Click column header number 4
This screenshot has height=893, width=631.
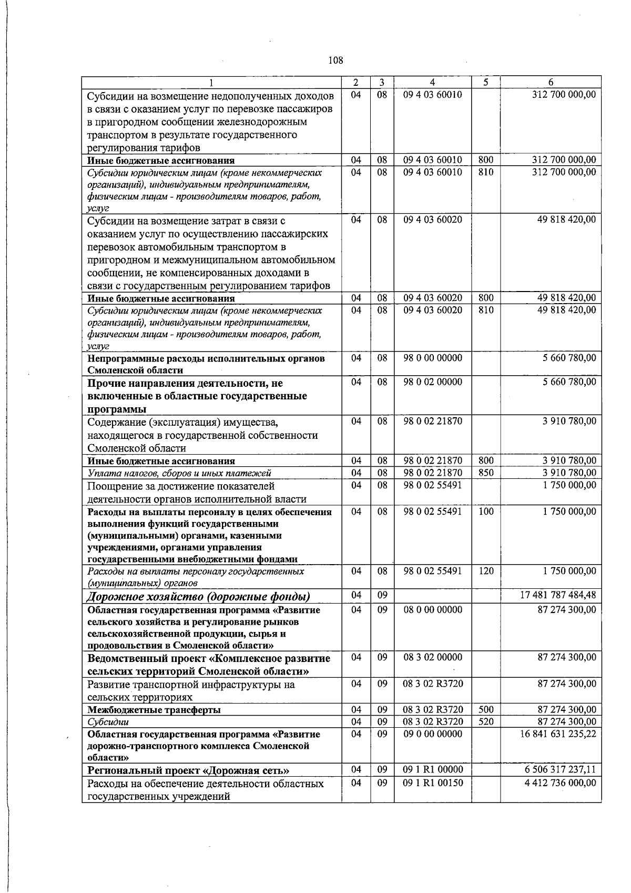pyautogui.click(x=432, y=83)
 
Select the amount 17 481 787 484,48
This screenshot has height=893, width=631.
pyautogui.click(x=558, y=595)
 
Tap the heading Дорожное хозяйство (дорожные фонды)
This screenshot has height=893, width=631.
pyautogui.click(x=198, y=596)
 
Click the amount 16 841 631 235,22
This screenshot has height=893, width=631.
pyautogui.click(x=558, y=734)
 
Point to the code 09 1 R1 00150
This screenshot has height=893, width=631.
pyautogui.click(x=433, y=783)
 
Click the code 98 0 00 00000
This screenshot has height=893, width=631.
pyautogui.click(x=433, y=358)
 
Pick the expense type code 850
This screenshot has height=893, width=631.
pyautogui.click(x=486, y=473)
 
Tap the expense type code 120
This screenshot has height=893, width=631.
pyautogui.click(x=486, y=571)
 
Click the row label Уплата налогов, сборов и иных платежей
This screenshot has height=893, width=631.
pyautogui.click(x=179, y=474)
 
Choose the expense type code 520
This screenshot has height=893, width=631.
pyautogui.click(x=486, y=721)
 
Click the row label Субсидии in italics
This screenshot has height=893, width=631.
pyautogui.click(x=108, y=722)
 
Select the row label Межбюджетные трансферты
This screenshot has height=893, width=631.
pyautogui.click(x=154, y=710)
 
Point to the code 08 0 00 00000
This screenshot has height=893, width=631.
pyautogui.click(x=433, y=610)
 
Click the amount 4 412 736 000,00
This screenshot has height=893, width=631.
pyautogui.click(x=560, y=783)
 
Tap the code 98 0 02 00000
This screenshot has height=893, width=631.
pyautogui.click(x=433, y=382)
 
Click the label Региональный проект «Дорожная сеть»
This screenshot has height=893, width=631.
pyautogui.click(x=188, y=771)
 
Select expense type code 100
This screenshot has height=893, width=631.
pyautogui.click(x=486, y=511)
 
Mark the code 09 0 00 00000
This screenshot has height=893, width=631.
pyautogui.click(x=433, y=734)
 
